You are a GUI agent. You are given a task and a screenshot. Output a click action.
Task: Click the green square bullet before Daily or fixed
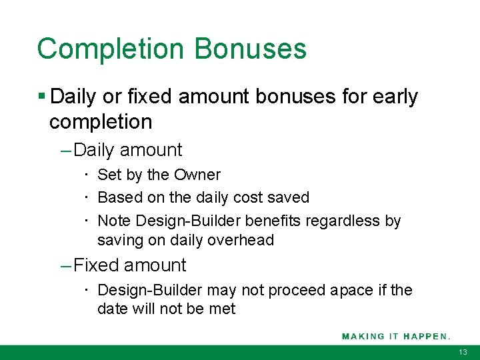click(42, 97)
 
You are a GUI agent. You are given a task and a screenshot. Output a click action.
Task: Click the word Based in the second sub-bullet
click(117, 197)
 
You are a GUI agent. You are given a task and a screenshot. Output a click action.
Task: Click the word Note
click(114, 221)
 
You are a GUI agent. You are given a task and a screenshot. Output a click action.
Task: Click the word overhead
click(242, 240)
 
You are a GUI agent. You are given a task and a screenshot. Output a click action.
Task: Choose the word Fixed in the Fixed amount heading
click(96, 265)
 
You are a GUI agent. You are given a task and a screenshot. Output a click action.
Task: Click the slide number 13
click(463, 352)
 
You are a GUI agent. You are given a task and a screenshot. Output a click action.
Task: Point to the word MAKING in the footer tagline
click(363, 336)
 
